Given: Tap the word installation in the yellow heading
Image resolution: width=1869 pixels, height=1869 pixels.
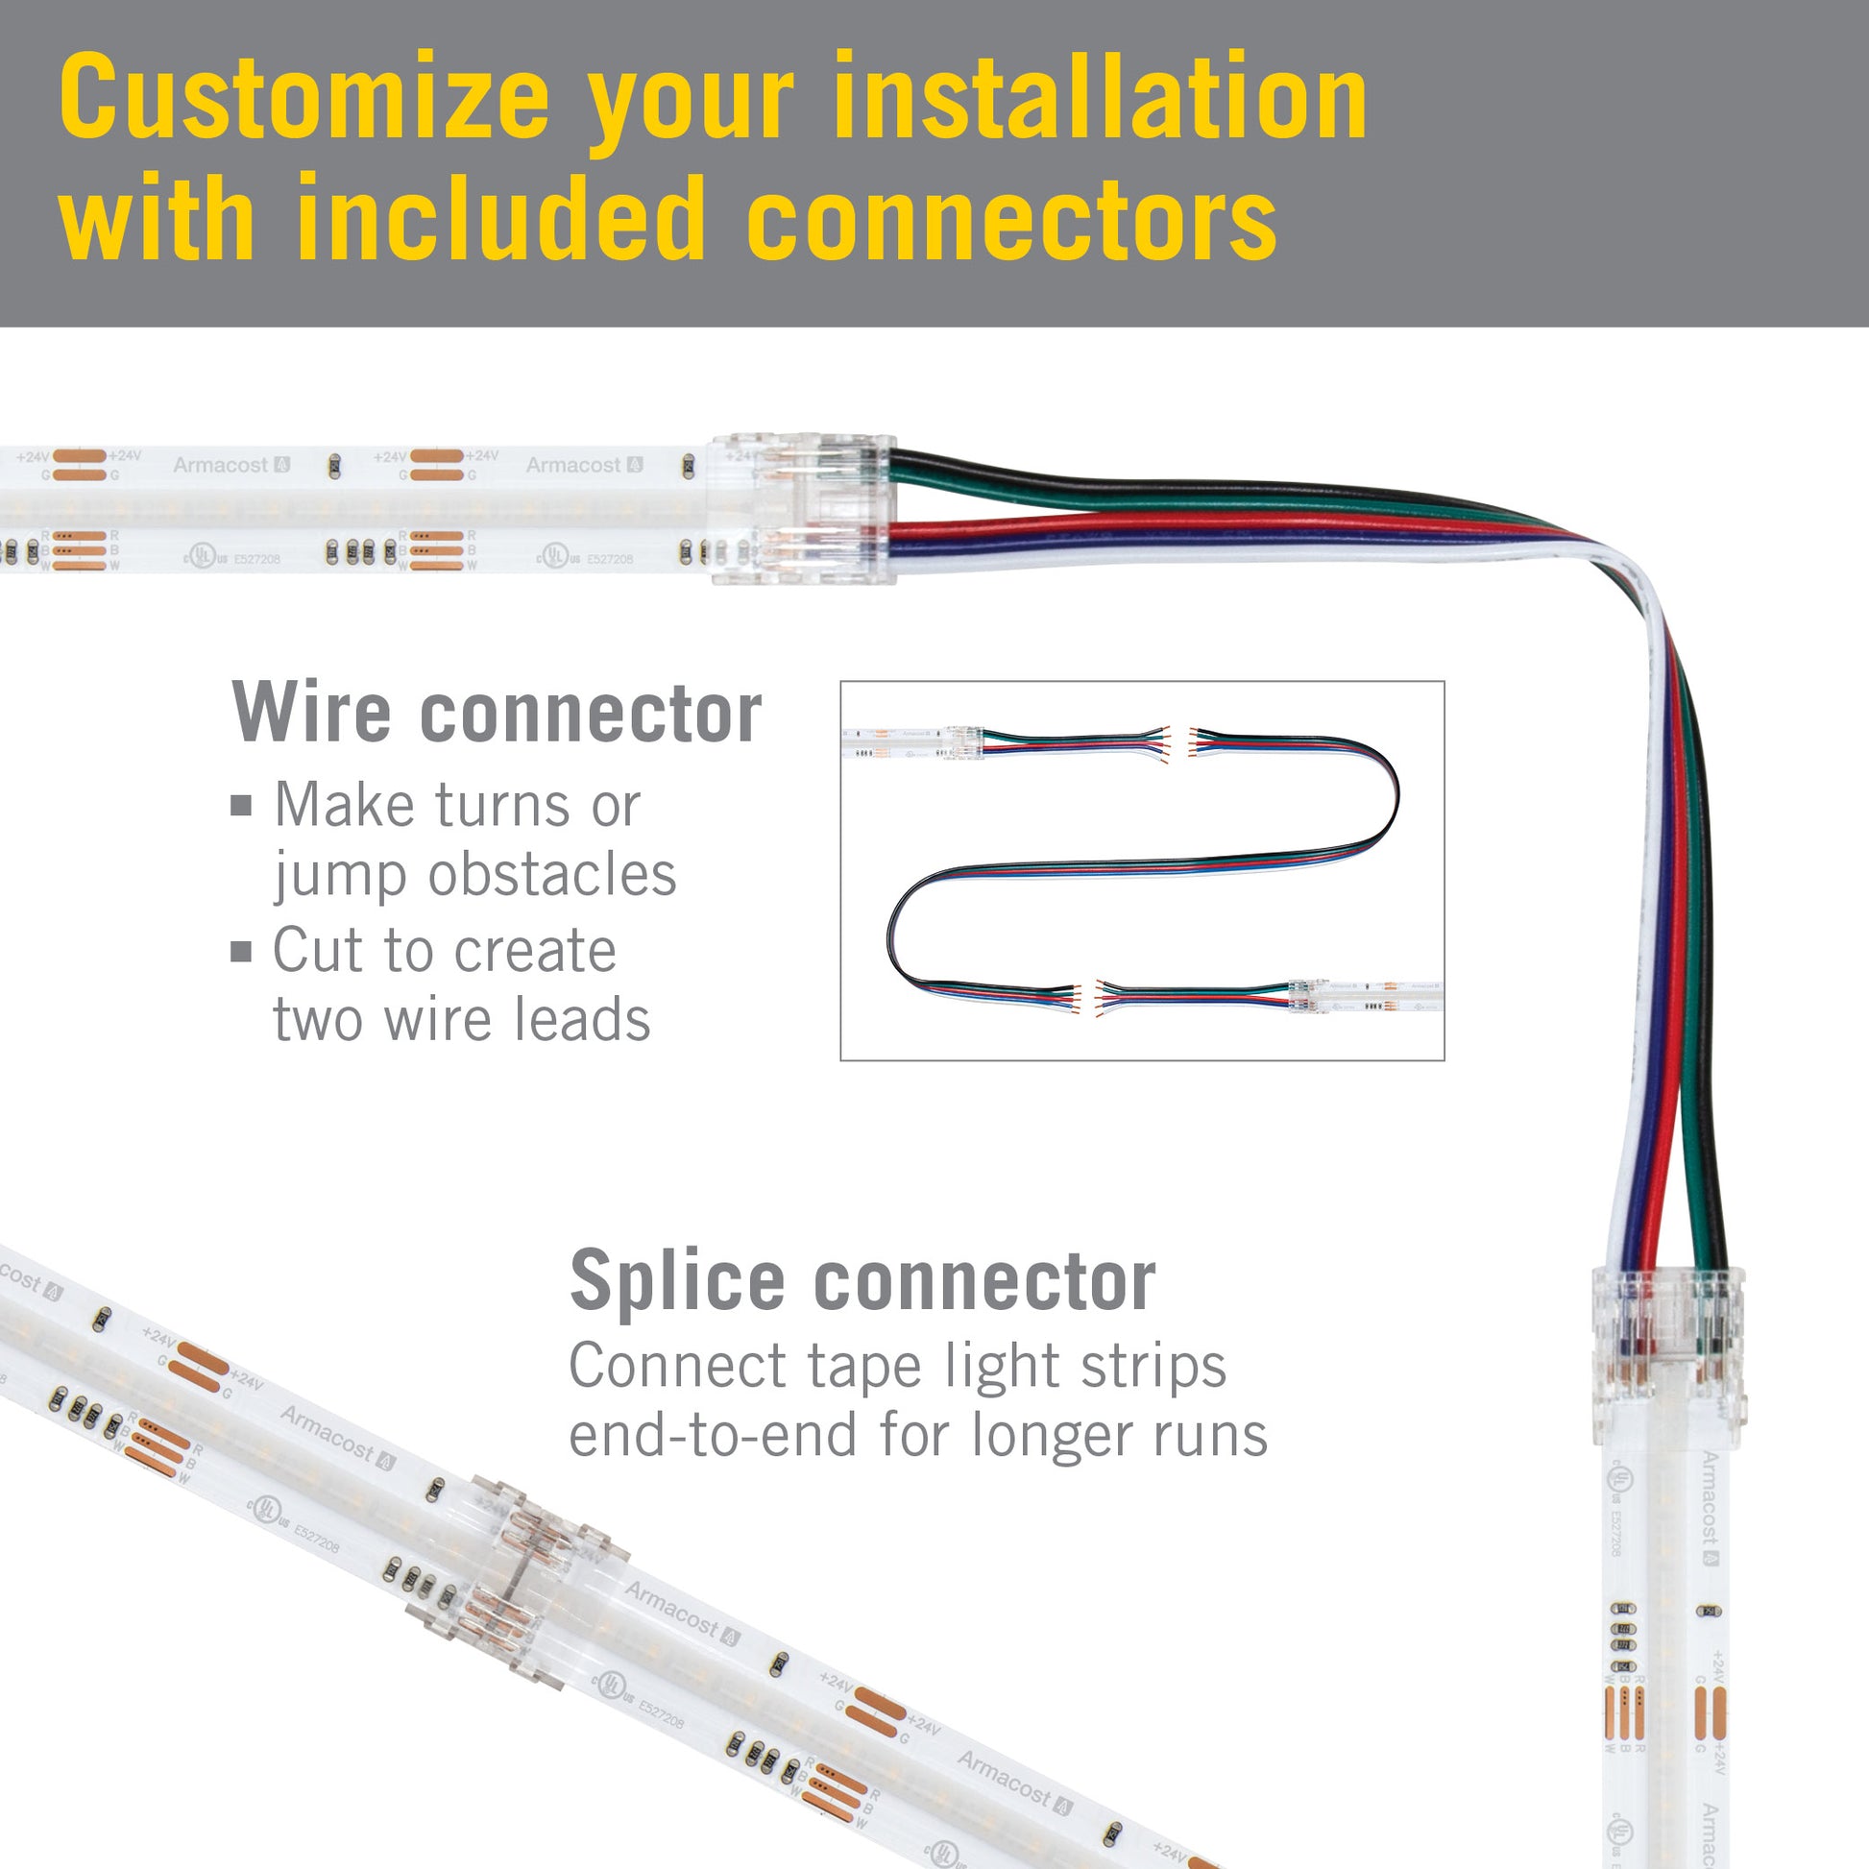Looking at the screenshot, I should pyautogui.click(x=1099, y=97).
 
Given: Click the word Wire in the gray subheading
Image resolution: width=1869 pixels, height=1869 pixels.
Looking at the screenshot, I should pyautogui.click(x=311, y=713).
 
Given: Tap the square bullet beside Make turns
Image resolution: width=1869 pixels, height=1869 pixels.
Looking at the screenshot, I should pyautogui.click(x=241, y=805).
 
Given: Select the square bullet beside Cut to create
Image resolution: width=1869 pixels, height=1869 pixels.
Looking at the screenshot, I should pyautogui.click(x=241, y=951).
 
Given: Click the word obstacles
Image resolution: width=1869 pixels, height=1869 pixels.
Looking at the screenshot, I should pyautogui.click(x=551, y=875).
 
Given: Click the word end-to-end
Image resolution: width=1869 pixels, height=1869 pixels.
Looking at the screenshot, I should pyautogui.click(x=713, y=1435).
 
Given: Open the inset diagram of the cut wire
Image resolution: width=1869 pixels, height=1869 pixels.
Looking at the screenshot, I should pyautogui.click(x=1142, y=871).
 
